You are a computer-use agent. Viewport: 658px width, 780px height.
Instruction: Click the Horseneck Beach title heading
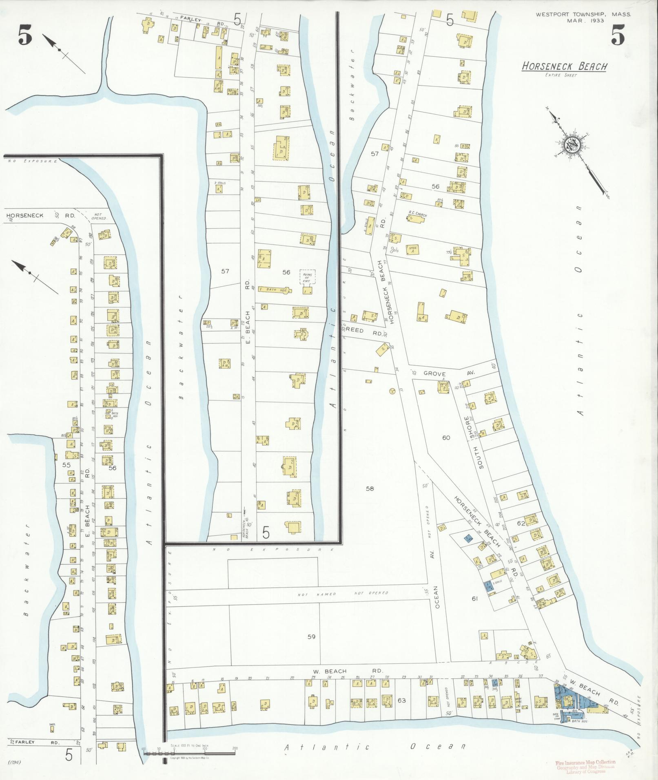[564, 66]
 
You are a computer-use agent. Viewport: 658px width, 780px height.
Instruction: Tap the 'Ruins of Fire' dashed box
[307, 277]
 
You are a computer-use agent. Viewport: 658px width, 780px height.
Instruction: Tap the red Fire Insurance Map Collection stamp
[585, 766]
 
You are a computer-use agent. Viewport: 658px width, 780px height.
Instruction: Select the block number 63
[401, 700]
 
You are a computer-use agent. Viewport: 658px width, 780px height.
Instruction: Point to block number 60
[445, 438]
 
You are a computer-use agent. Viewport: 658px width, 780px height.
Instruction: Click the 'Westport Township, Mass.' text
[583, 14]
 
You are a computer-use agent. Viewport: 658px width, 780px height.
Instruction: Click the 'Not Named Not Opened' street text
[343, 594]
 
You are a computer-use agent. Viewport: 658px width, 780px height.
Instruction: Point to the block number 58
[370, 488]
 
